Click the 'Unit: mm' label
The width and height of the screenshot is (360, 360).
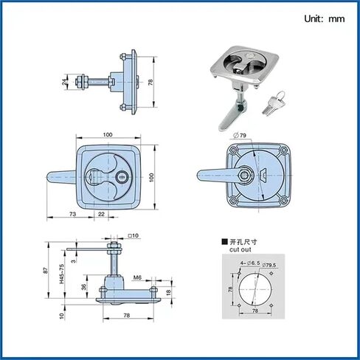(x=325, y=19)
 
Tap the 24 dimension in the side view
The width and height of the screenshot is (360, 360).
(x=65, y=82)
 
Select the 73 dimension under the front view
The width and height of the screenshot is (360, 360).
(x=72, y=214)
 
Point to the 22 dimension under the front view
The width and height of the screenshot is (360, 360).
(x=101, y=214)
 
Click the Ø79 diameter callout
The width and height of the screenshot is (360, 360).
(x=240, y=135)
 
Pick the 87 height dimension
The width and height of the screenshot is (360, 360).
(x=46, y=270)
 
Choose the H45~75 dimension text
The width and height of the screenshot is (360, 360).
(x=62, y=274)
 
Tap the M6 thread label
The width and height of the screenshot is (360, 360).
(x=137, y=277)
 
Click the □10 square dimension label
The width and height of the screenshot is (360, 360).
(x=134, y=235)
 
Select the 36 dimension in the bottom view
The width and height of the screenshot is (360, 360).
(x=84, y=287)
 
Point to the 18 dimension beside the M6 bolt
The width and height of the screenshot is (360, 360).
(x=168, y=292)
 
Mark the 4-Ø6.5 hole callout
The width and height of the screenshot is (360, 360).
(x=250, y=263)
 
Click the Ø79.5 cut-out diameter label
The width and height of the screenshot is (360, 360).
(x=269, y=265)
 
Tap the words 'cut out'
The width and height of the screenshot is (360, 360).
(x=240, y=249)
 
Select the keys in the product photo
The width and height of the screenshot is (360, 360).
(x=272, y=103)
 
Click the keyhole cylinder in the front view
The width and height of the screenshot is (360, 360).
(x=121, y=176)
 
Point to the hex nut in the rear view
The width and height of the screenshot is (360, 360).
(x=244, y=175)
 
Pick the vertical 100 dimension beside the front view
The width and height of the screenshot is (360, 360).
(x=151, y=177)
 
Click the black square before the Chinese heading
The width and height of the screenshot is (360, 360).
(x=224, y=242)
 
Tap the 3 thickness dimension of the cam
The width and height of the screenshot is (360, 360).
(x=74, y=260)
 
